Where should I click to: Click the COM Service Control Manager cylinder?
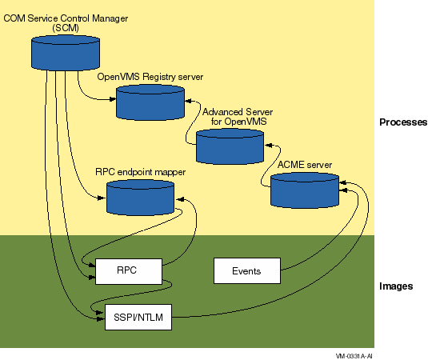point(66,53)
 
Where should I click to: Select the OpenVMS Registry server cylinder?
point(150,102)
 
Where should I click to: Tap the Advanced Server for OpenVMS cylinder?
point(230,146)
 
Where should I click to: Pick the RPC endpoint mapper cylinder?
point(140,198)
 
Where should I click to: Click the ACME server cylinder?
point(305,190)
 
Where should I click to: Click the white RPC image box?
point(129,271)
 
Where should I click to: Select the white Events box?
point(247,270)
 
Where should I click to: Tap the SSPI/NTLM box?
point(138,317)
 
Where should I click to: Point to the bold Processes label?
point(403,122)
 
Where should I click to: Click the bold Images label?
point(396,286)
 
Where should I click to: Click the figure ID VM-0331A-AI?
point(354,356)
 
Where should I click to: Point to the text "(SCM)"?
point(66,28)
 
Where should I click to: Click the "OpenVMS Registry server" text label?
point(150,77)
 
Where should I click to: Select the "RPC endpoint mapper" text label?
point(140,172)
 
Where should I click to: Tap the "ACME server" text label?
point(305,165)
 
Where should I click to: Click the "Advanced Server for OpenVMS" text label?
point(238,117)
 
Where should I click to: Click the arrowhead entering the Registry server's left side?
point(113,99)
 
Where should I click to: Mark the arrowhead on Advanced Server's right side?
point(269,146)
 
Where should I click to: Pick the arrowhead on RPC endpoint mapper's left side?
point(102,198)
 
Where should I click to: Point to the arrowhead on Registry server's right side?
point(189,101)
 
